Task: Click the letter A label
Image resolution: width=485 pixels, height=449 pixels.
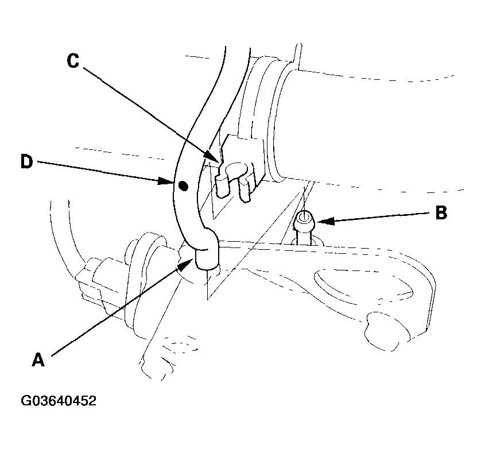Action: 37,359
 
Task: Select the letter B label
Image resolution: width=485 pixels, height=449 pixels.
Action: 441,214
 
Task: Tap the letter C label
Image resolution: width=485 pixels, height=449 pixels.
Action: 72,61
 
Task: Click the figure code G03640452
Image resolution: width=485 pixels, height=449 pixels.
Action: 59,400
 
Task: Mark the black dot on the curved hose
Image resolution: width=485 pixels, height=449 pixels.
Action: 183,185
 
